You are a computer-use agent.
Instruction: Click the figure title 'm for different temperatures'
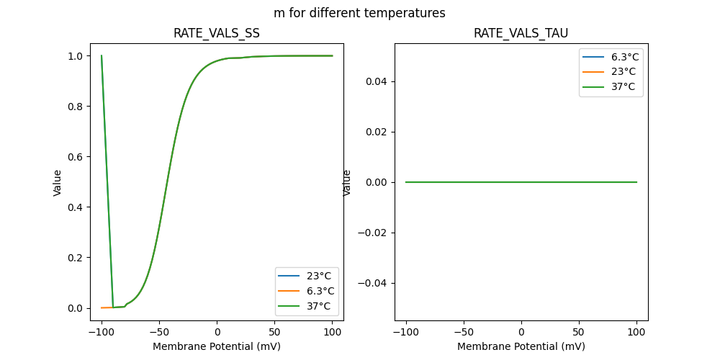click(x=359, y=13)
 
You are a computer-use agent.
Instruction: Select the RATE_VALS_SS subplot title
click(x=217, y=34)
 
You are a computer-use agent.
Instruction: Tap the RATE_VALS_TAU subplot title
click(x=521, y=34)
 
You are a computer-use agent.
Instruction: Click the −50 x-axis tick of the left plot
click(x=158, y=333)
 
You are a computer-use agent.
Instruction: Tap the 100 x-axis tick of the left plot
click(x=333, y=333)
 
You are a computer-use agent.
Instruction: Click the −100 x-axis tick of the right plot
click(x=405, y=333)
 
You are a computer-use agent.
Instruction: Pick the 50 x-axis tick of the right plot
click(x=579, y=333)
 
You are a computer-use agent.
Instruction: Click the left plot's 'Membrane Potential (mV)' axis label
click(x=217, y=346)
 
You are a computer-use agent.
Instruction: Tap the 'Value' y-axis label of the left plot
click(x=58, y=183)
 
